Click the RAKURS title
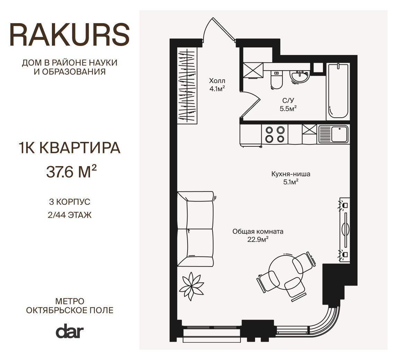pos(70,35)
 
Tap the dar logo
pos(70,331)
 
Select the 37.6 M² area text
pos(71,171)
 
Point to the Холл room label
pos(217,81)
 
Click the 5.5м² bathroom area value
pos(288,109)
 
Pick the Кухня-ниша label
pos(291,174)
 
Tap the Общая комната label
pos(258,232)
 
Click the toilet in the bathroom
pos(277,79)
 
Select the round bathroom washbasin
pos(300,77)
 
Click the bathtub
pos(338,91)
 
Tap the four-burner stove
pos(275,135)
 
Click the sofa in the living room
pos(195,229)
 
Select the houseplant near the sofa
pos(192,286)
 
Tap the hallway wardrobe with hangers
pos(187,85)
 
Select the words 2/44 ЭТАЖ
pos(70,215)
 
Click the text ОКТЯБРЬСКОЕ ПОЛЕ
pos(70,310)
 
